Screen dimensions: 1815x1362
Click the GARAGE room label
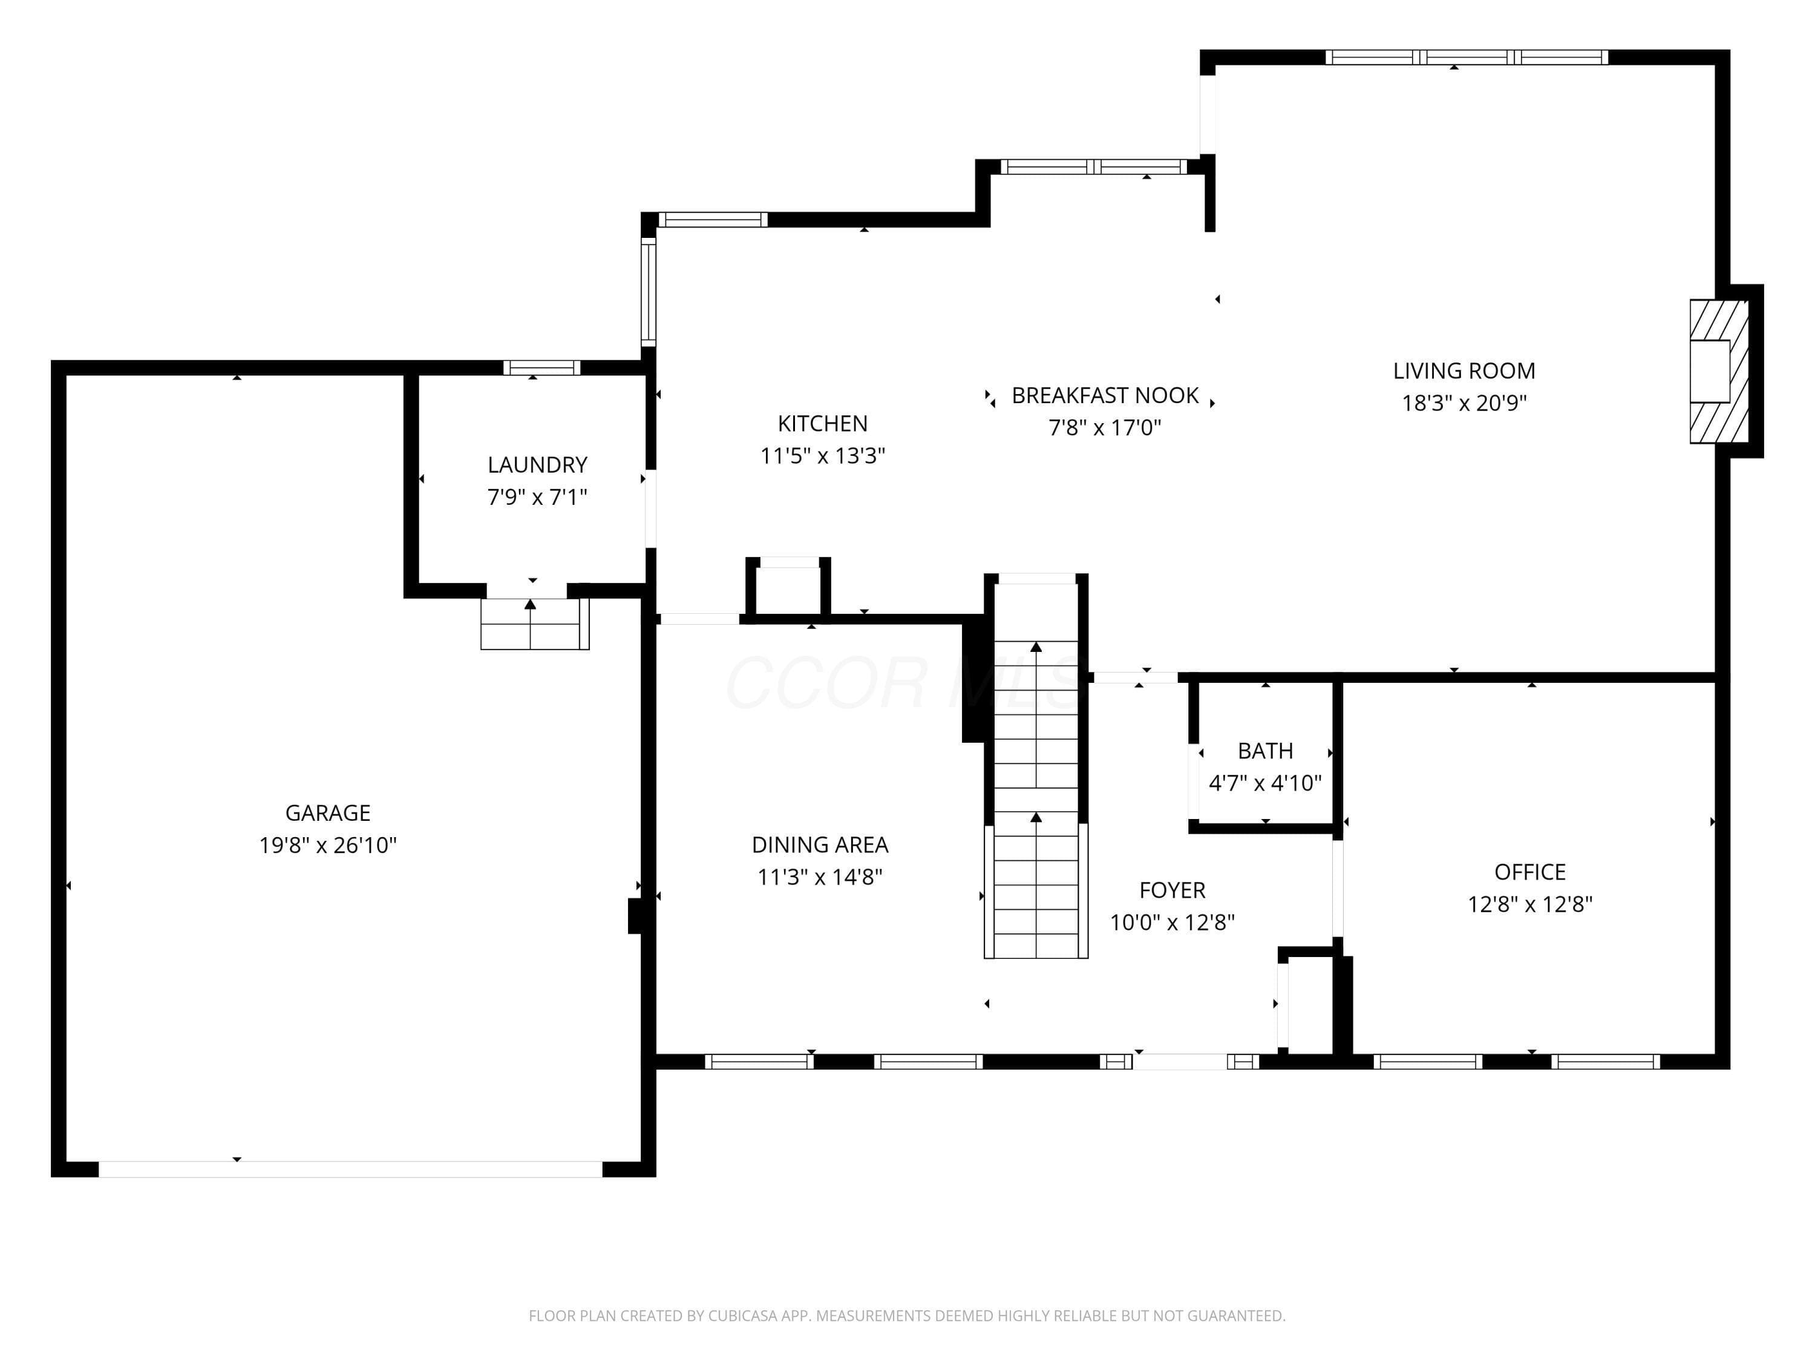327,813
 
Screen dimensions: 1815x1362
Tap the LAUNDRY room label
537,465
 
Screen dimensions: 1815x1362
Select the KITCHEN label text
822,424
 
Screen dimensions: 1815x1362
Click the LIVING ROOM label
1464,371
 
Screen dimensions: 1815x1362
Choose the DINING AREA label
820,845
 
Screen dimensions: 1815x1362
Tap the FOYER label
1172,890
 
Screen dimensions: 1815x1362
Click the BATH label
1265,751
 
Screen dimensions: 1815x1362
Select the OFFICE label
1529,872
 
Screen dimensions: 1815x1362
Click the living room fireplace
1718,371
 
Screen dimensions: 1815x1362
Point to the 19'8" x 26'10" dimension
327,846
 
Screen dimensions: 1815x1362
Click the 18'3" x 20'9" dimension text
1464,403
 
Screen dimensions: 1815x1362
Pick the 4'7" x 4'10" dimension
1265,783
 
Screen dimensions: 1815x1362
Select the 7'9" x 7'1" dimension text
537,498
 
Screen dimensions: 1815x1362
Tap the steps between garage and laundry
534,624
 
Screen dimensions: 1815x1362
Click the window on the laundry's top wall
541,368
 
